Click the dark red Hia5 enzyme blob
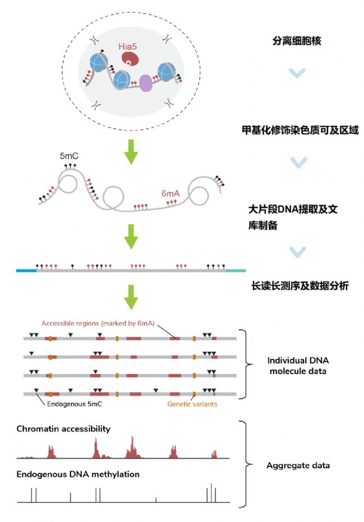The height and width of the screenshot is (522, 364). [x=130, y=60]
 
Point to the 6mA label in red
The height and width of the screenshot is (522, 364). [x=170, y=193]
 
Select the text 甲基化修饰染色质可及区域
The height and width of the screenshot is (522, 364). [x=296, y=130]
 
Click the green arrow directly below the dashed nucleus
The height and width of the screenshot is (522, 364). [x=131, y=151]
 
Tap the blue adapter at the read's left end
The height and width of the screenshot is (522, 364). [x=26, y=271]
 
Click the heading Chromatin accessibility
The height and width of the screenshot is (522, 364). [x=63, y=429]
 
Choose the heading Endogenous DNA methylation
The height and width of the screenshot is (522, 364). [x=78, y=474]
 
